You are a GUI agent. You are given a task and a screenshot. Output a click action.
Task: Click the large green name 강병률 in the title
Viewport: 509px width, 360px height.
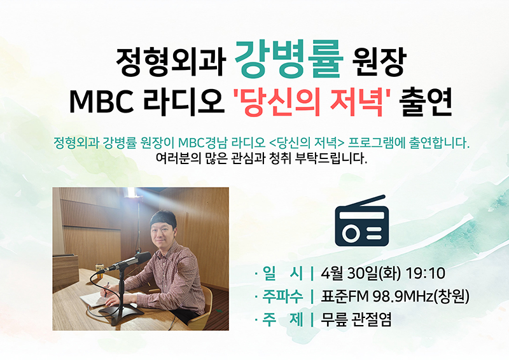pos(289,59)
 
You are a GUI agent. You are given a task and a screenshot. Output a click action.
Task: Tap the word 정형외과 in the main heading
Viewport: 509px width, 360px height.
pos(171,62)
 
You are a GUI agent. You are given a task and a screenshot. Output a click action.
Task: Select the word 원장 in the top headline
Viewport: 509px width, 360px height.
pos(379,62)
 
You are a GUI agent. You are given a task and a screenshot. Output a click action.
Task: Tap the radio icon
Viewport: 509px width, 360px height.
pos(361,220)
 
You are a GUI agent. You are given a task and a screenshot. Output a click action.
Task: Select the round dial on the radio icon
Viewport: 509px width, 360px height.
pos(351,232)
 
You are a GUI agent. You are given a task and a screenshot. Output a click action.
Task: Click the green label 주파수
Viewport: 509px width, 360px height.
pos(282,296)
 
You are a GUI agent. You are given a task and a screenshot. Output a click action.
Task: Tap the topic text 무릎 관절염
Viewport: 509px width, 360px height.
pos(356,319)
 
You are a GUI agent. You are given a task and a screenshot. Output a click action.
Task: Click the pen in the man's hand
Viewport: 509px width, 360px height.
pos(106,289)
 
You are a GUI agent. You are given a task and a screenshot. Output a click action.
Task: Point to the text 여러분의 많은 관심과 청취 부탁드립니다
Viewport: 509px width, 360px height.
pos(261,159)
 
